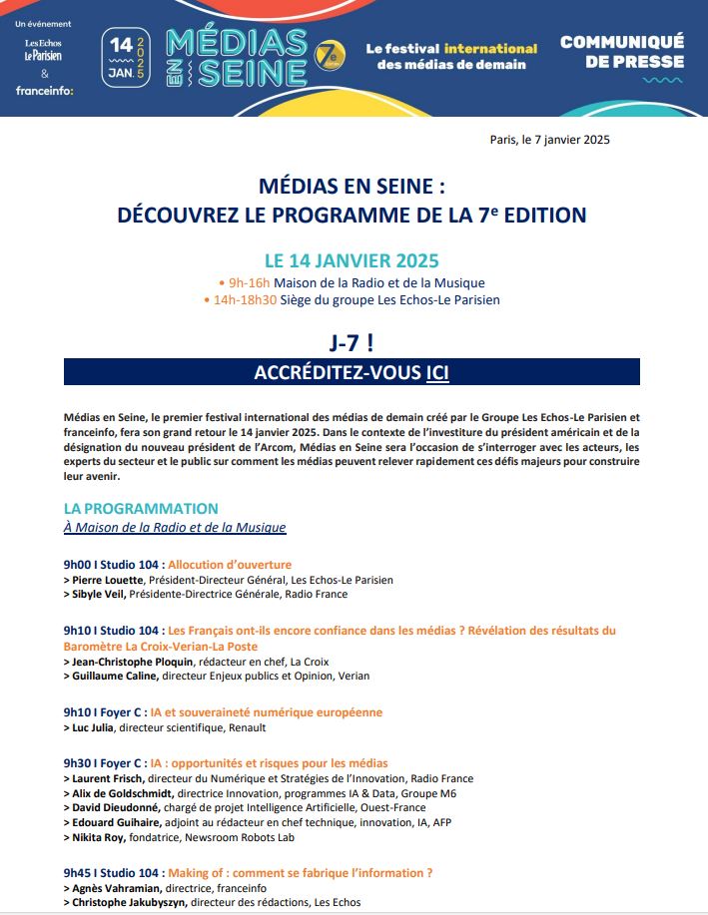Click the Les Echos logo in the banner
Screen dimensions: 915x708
point(44,42)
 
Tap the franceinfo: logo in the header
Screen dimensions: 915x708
point(44,91)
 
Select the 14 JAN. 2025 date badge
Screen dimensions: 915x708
point(126,58)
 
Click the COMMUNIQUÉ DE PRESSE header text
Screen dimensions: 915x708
point(621,51)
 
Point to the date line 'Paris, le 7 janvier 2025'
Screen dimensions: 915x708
point(549,140)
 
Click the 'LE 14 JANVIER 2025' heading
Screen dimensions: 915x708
point(351,261)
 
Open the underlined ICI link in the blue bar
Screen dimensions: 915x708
point(437,372)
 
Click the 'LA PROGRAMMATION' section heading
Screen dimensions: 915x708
point(141,509)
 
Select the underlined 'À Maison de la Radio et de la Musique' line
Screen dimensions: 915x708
point(175,527)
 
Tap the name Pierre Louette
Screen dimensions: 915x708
point(108,580)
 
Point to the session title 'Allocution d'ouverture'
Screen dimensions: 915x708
point(230,565)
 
